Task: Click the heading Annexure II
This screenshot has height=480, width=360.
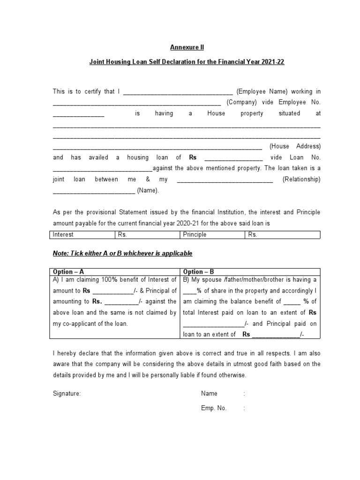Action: (x=187, y=47)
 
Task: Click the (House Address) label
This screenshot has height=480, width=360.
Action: (x=295, y=146)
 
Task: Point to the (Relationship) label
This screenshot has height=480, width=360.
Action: (x=301, y=180)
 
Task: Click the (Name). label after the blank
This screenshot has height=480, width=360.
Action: (x=148, y=190)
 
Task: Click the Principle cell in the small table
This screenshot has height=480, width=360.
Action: (x=195, y=235)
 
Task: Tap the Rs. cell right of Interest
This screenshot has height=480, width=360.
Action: (x=122, y=235)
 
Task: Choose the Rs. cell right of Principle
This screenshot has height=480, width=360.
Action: (x=253, y=235)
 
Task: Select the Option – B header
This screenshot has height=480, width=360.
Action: (x=199, y=272)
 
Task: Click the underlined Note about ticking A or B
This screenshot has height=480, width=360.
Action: (x=122, y=253)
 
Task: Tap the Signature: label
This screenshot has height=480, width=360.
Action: (x=67, y=394)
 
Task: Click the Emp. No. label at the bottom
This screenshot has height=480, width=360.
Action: (x=214, y=408)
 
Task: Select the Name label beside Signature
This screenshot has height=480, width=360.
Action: (x=209, y=394)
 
